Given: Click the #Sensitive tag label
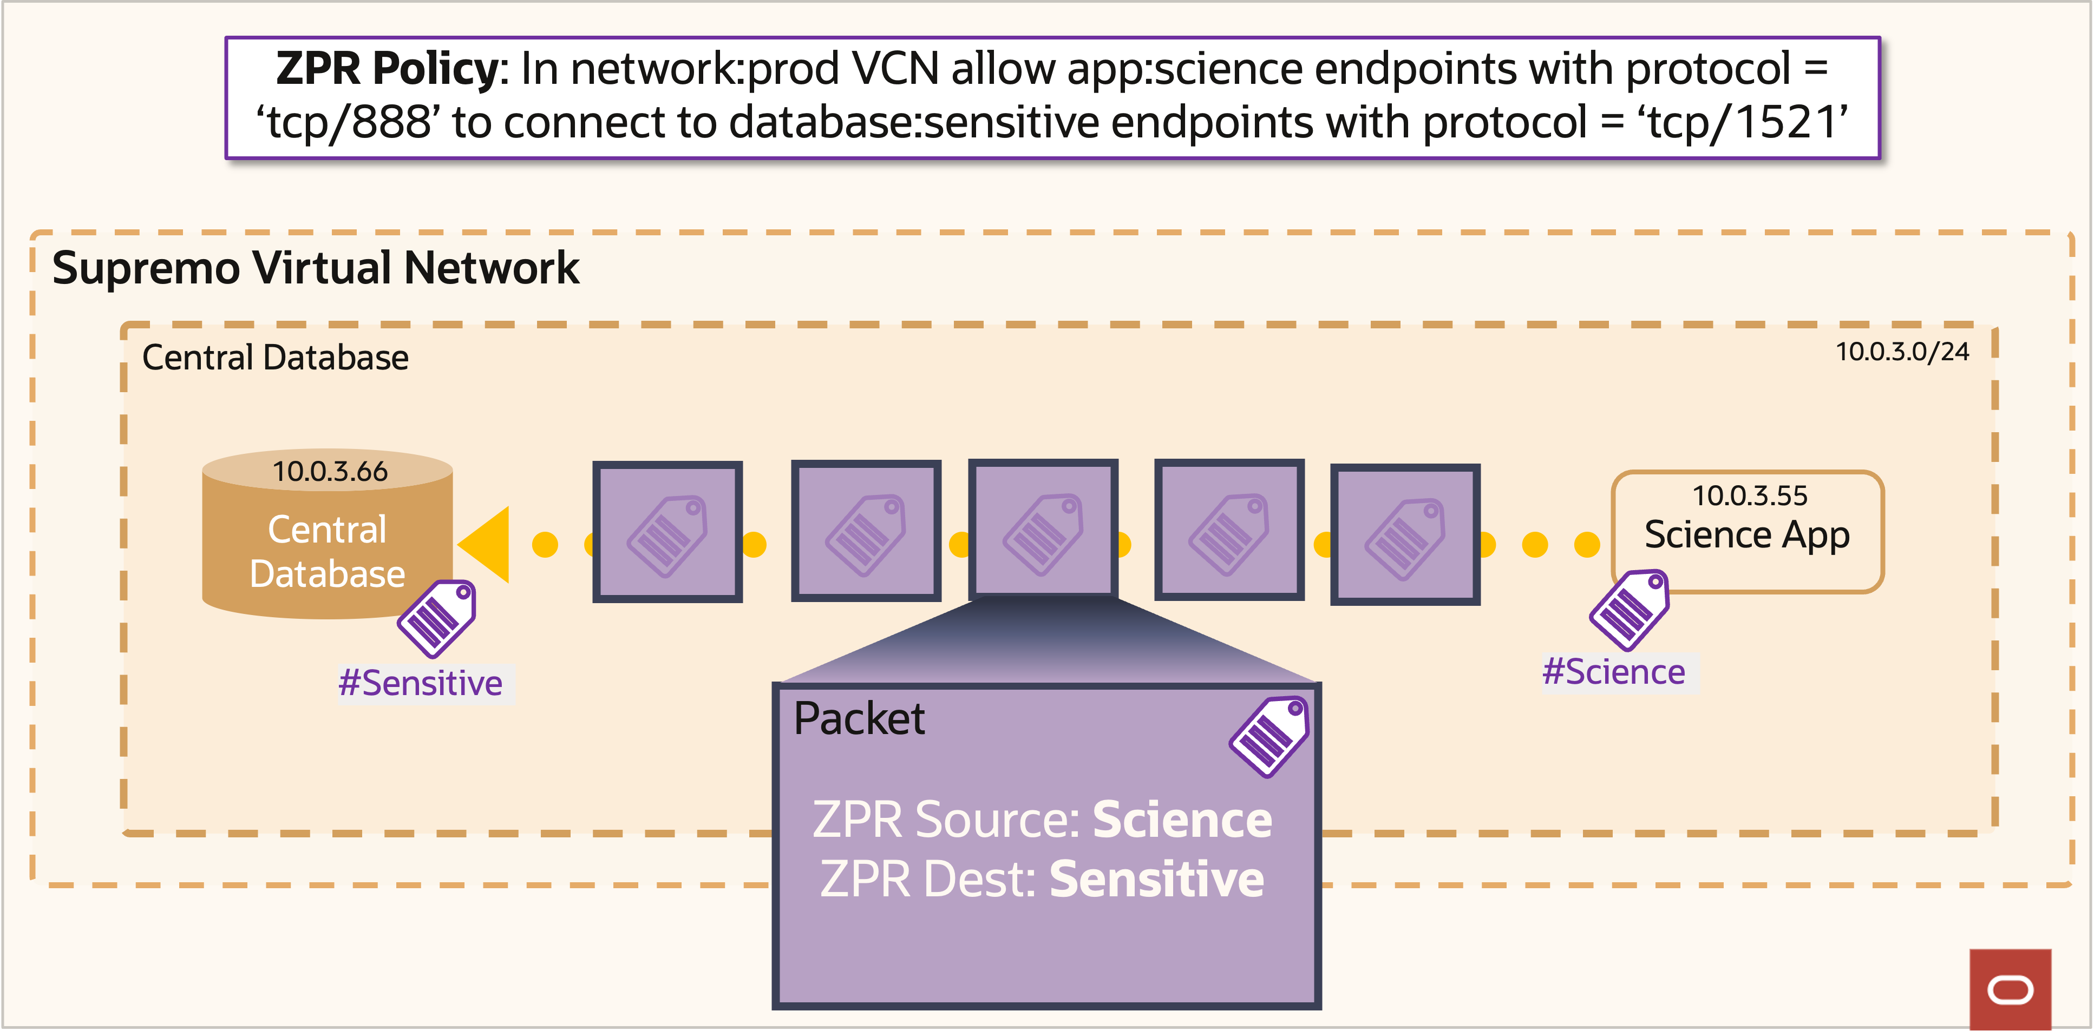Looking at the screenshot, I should pyautogui.click(x=420, y=683).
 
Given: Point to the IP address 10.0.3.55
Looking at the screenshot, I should pyautogui.click(x=1749, y=495).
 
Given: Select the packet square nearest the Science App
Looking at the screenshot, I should pyautogui.click(x=1405, y=534).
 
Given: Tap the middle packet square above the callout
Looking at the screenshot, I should pyautogui.click(x=1043, y=529).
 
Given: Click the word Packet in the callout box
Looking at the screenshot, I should pyautogui.click(x=859, y=719).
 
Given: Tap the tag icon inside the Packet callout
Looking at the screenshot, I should pyautogui.click(x=1269, y=736).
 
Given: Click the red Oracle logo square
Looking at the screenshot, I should pyautogui.click(x=2010, y=989).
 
